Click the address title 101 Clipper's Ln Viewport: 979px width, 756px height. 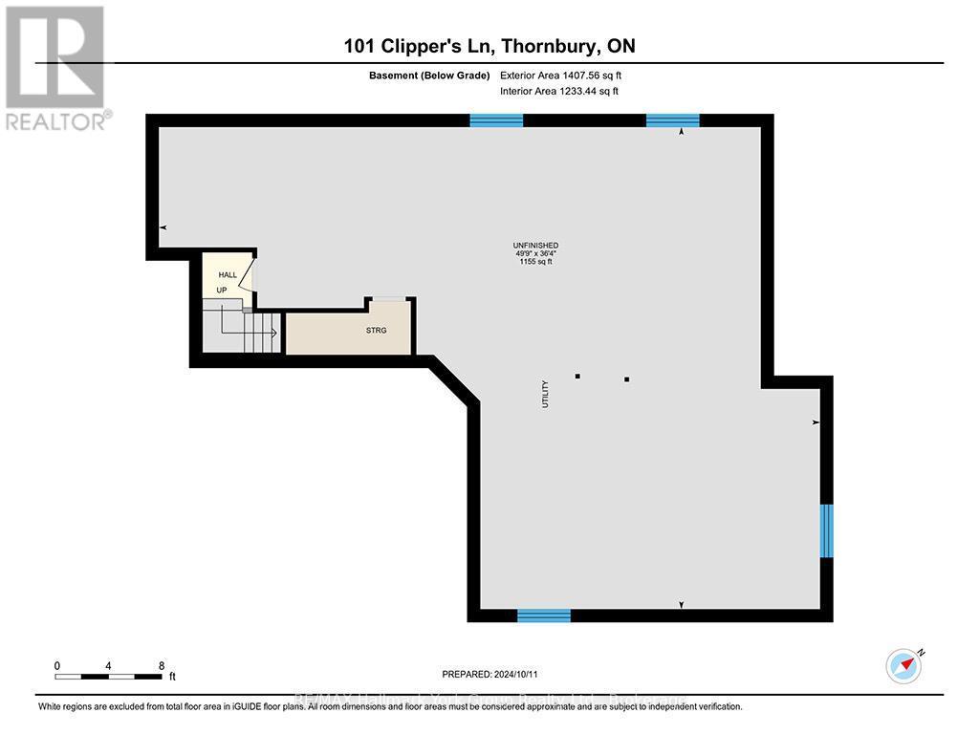(x=489, y=46)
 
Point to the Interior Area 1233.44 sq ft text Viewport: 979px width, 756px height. (x=559, y=92)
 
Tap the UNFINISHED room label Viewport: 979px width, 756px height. (x=535, y=246)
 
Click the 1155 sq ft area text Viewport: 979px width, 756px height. (x=535, y=261)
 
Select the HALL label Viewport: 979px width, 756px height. (x=228, y=275)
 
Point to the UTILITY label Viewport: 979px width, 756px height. (x=546, y=394)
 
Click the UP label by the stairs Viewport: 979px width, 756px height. (x=222, y=290)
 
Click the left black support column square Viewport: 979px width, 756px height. (x=577, y=377)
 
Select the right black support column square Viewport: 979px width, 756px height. (x=627, y=379)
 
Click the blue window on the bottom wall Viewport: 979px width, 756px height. (x=544, y=616)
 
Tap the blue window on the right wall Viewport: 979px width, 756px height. (x=827, y=530)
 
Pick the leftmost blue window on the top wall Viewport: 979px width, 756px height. (x=496, y=120)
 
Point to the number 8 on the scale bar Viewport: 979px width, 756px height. (x=162, y=666)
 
